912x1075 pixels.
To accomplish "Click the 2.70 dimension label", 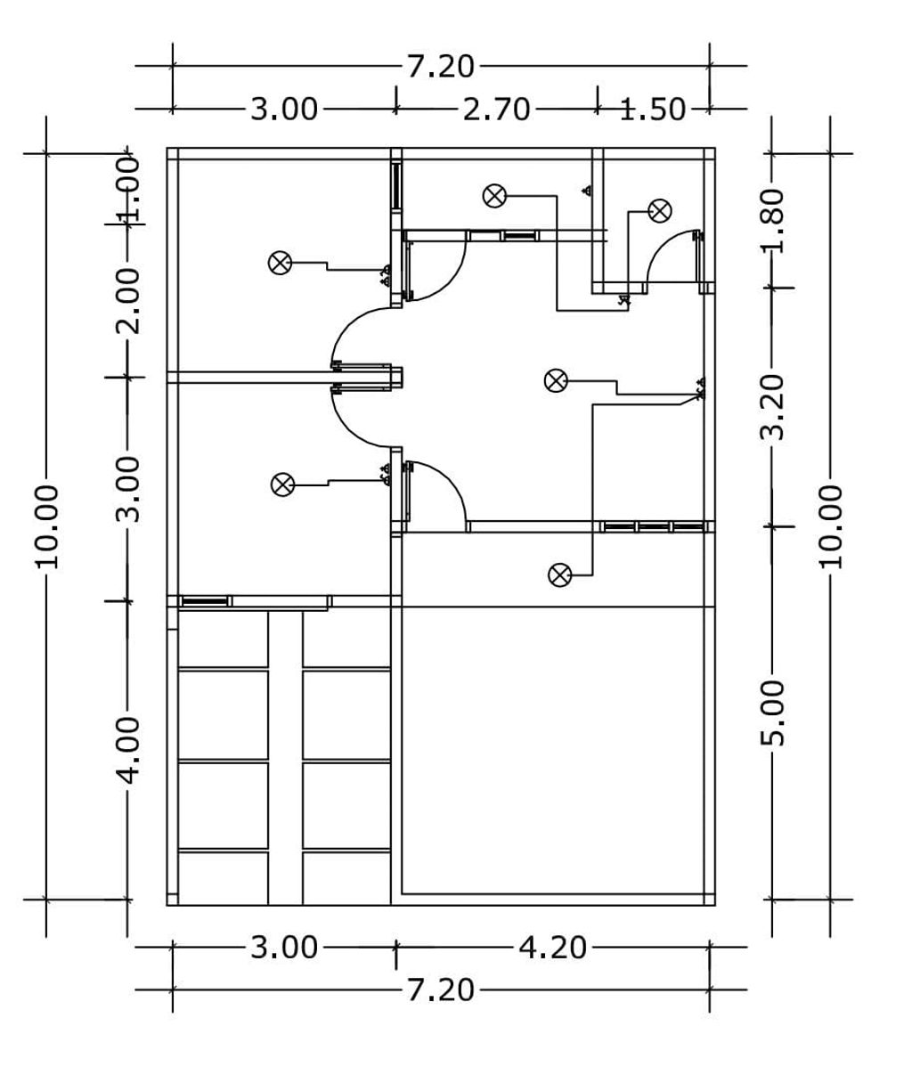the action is [496, 110].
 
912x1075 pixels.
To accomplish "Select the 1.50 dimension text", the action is [653, 110].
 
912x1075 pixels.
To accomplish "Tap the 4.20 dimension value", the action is [553, 947].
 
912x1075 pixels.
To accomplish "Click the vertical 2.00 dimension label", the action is [128, 301].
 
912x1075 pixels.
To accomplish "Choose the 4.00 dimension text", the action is [128, 751].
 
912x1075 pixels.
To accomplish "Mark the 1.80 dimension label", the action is [773, 221].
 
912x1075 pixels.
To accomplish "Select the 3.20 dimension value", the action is [773, 407].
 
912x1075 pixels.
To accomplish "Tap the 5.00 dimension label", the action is [773, 713].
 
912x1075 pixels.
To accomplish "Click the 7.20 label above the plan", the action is [440, 67].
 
